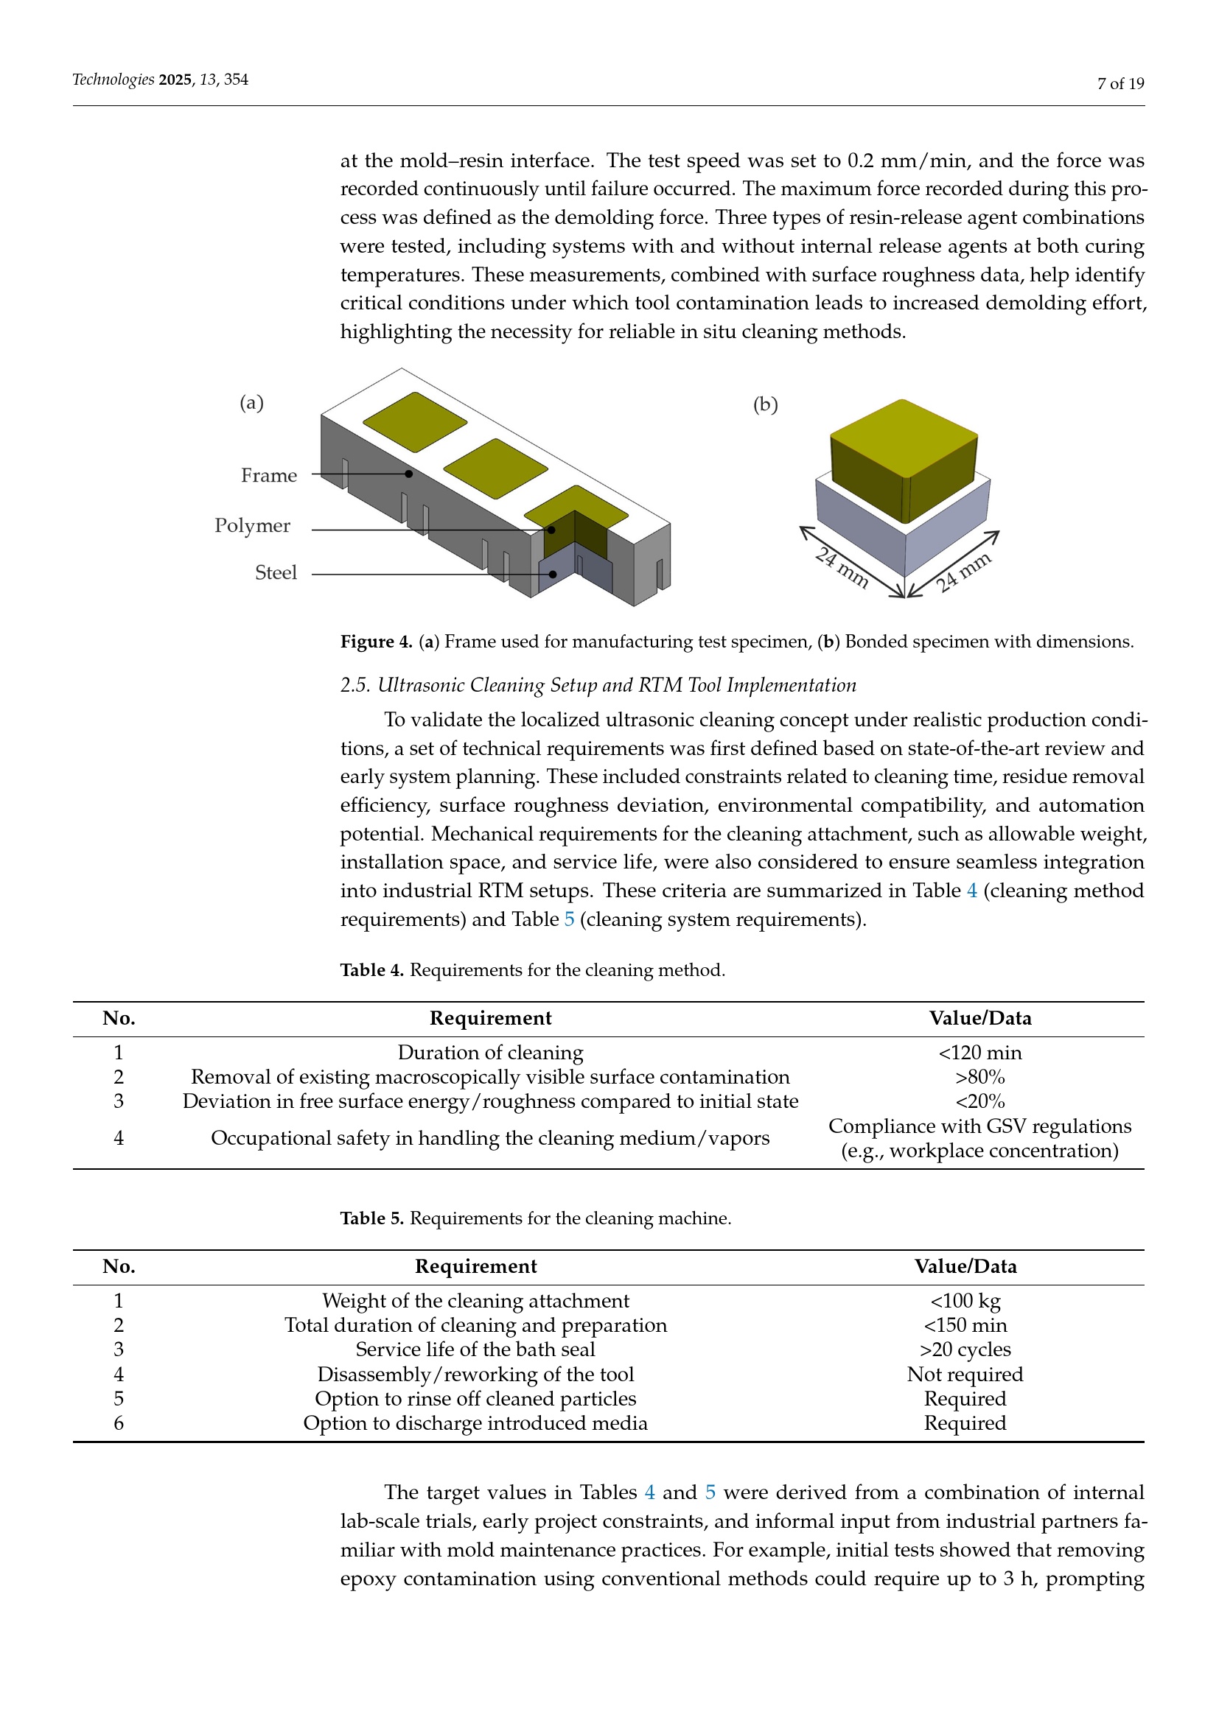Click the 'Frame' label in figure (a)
(x=269, y=476)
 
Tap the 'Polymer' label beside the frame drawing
(x=252, y=525)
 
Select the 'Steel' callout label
(x=276, y=572)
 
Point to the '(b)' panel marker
(x=765, y=405)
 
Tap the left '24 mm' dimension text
(x=843, y=568)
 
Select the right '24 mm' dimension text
(x=964, y=572)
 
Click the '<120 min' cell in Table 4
(x=979, y=1053)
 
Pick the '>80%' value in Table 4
(x=979, y=1078)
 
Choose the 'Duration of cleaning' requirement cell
(x=490, y=1053)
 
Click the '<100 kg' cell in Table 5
(x=965, y=1301)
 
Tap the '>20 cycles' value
(x=965, y=1350)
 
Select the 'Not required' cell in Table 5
(x=965, y=1375)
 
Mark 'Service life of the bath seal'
(x=475, y=1350)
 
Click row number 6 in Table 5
(x=119, y=1424)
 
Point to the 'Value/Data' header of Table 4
(x=979, y=1018)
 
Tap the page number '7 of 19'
(x=1120, y=83)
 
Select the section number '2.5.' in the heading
(x=355, y=685)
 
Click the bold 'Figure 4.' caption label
(x=376, y=642)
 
